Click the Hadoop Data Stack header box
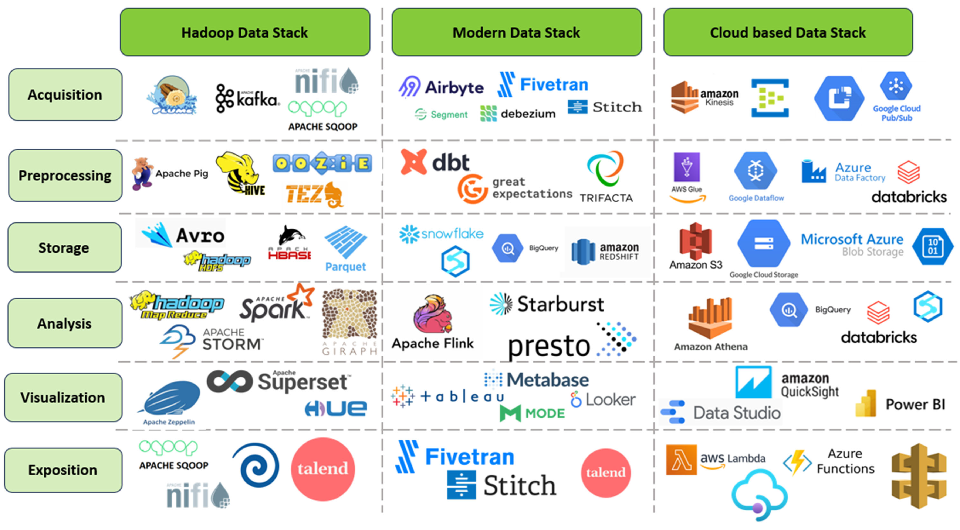point(245,32)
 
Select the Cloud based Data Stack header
point(788,32)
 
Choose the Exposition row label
point(63,470)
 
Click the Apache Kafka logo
point(247,99)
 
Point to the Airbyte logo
point(441,87)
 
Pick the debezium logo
point(518,113)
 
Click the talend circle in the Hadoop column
point(323,469)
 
